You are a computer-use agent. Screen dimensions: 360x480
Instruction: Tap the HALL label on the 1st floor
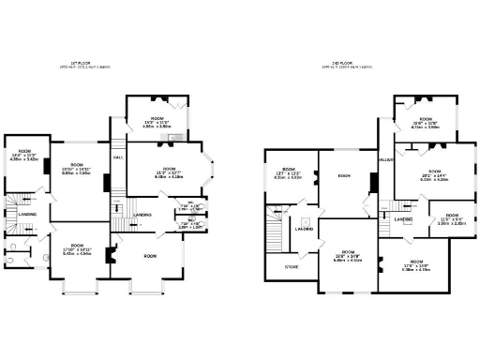coord(118,157)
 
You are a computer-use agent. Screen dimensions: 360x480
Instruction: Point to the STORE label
coord(292,267)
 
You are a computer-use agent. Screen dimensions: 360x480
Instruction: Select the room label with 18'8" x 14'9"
coord(348,257)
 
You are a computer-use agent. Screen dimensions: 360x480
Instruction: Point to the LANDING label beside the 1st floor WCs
coord(142,216)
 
